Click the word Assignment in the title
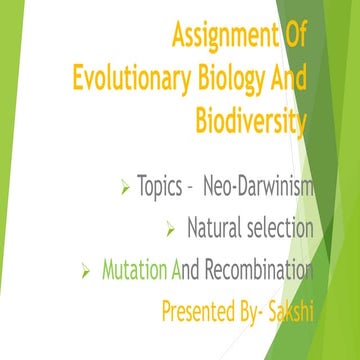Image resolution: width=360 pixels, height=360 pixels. (x=222, y=37)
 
